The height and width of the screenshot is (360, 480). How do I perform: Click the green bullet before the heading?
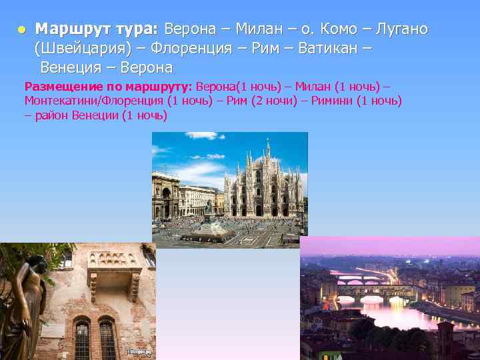pos(22,30)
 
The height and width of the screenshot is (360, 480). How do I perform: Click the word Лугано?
pos(402,29)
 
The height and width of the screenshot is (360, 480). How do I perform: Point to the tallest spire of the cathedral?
pos(267,148)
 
